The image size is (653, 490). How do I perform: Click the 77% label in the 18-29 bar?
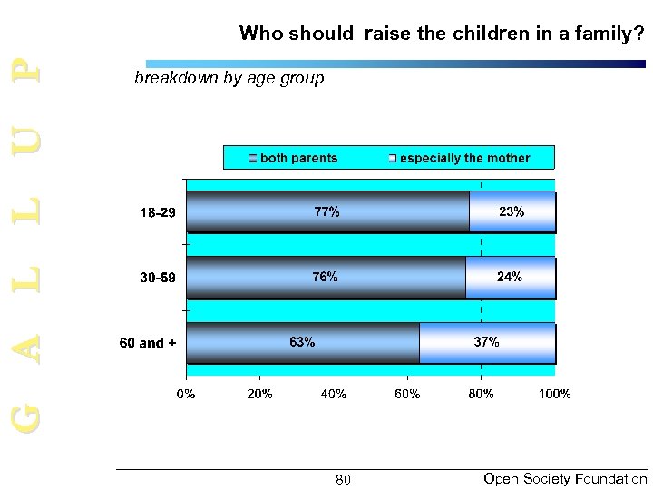(327, 211)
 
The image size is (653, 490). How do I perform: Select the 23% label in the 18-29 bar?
(512, 211)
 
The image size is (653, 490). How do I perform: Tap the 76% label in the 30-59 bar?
(326, 277)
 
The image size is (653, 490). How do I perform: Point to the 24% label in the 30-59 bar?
(510, 277)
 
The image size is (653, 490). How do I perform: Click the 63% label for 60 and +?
(302, 342)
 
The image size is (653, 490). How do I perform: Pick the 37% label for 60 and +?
(486, 342)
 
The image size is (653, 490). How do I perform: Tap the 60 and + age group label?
(148, 343)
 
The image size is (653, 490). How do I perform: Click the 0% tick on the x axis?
(186, 394)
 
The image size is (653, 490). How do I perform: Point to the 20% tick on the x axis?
(259, 394)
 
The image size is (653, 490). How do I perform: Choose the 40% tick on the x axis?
(333, 394)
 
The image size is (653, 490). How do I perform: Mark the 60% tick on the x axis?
(406, 394)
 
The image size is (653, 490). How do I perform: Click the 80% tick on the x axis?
(481, 394)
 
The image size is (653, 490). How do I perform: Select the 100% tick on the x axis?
(554, 394)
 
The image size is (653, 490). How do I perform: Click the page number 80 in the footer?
(343, 479)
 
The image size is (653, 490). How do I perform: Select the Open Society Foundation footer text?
(565, 478)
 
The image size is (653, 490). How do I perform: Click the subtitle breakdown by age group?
(229, 78)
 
